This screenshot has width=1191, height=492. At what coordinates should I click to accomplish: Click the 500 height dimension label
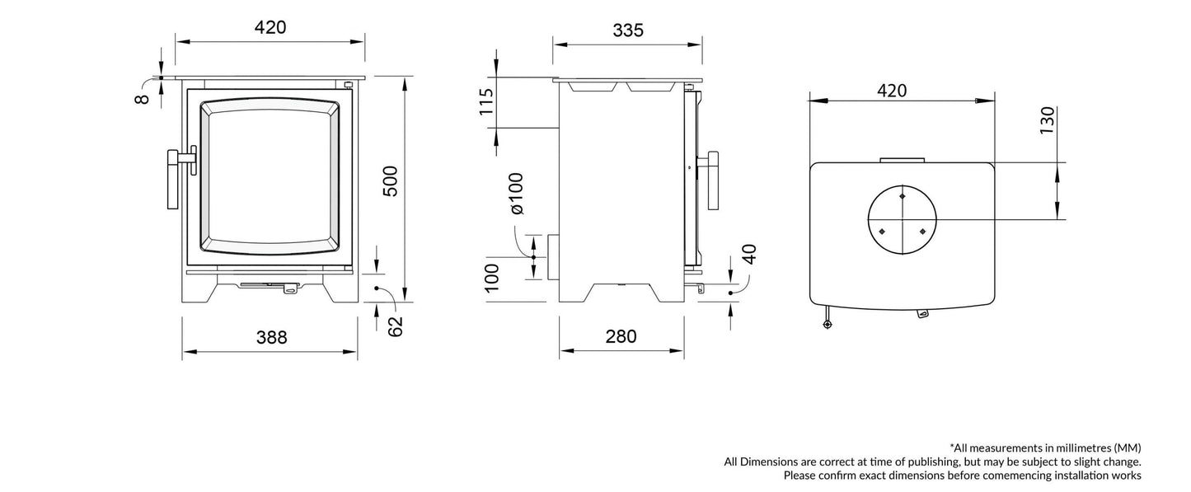click(x=391, y=181)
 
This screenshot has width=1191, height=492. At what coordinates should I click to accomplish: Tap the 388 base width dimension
click(x=270, y=336)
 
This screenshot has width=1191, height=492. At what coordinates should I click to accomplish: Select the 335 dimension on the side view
click(x=627, y=30)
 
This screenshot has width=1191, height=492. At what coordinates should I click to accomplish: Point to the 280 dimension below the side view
click(x=621, y=336)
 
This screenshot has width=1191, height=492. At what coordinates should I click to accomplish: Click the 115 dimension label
click(x=487, y=103)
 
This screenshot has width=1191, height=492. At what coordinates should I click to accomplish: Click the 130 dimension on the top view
click(x=1047, y=121)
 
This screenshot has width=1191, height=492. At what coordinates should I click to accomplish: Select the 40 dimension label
click(x=748, y=255)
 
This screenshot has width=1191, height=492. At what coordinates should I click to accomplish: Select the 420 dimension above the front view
click(x=270, y=27)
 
